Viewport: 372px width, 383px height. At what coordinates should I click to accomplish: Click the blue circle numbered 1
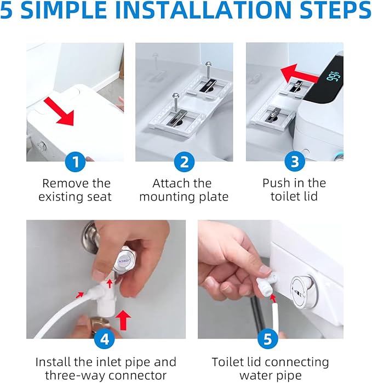pos(76,162)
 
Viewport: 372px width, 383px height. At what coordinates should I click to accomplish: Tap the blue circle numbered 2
pos(184,162)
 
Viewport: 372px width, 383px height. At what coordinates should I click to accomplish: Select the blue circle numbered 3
pos(294,162)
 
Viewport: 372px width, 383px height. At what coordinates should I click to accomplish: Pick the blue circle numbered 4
pos(106,339)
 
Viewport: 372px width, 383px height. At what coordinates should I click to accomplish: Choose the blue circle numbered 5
pos(267,339)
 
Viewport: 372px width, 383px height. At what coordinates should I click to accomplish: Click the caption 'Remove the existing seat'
pos(76,190)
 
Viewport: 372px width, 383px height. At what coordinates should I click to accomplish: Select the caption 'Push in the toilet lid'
pos(294,190)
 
